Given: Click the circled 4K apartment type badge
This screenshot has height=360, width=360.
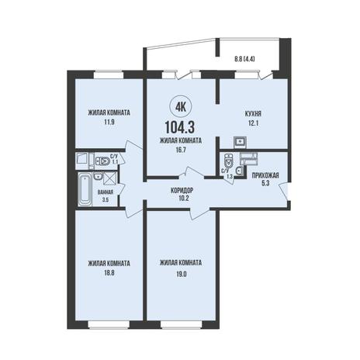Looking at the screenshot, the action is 181,107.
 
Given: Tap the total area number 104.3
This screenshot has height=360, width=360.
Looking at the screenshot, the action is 180,127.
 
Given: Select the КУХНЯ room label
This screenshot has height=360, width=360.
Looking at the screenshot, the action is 253,113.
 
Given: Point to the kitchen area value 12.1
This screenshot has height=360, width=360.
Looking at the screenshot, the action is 253,123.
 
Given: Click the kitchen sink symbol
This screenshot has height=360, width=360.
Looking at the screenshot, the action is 241,141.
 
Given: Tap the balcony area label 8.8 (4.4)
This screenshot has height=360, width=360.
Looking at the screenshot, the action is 244,59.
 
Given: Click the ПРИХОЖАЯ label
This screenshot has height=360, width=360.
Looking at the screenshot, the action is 265,175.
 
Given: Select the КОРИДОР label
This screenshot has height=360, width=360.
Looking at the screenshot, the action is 182,190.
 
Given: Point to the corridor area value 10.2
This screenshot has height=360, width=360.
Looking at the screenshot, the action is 182,199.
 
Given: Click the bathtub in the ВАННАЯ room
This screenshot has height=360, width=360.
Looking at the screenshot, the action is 85,189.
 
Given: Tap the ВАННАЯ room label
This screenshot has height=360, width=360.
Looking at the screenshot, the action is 106,192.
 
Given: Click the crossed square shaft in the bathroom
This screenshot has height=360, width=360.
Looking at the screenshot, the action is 110,178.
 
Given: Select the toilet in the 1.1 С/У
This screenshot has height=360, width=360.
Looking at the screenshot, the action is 102,161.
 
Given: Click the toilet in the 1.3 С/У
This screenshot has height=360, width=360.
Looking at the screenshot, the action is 229,161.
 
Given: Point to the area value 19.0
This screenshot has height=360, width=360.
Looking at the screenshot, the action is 182,274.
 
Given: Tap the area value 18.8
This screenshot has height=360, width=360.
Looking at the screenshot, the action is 109,273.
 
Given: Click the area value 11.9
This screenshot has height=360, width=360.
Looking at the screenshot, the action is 109,122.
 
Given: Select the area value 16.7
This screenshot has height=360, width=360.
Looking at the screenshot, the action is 181,150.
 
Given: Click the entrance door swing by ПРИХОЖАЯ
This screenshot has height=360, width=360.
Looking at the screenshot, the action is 284,191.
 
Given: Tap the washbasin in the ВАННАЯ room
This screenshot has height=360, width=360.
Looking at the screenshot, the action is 99,177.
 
